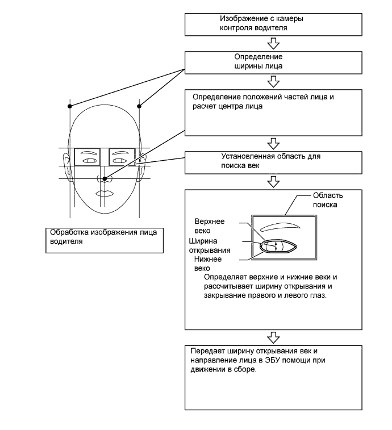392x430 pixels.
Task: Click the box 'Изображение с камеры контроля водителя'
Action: pyautogui.click(x=273, y=23)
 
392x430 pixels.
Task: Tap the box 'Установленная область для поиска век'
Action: pyautogui.click(x=273, y=161)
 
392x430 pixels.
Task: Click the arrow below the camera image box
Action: pyautogui.click(x=273, y=43)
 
